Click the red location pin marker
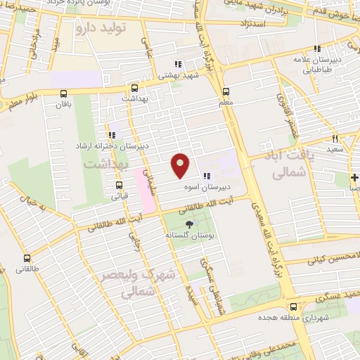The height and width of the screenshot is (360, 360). pos(181,165)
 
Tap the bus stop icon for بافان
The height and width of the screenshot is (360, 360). pos(64,94)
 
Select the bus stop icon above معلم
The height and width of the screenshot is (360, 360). pos(226,91)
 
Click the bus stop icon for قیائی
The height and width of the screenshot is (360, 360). pos(119,186)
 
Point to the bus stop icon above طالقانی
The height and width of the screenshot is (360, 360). pos(27,258)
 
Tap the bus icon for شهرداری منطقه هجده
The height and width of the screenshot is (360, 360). pos(292,306)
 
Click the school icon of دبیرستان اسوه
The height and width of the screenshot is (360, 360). pos(205,176)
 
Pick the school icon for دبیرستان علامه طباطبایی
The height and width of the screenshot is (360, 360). pos(317,49)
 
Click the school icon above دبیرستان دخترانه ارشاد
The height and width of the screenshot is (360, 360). pos(111,134)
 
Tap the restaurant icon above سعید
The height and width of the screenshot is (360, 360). pos(335,139)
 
